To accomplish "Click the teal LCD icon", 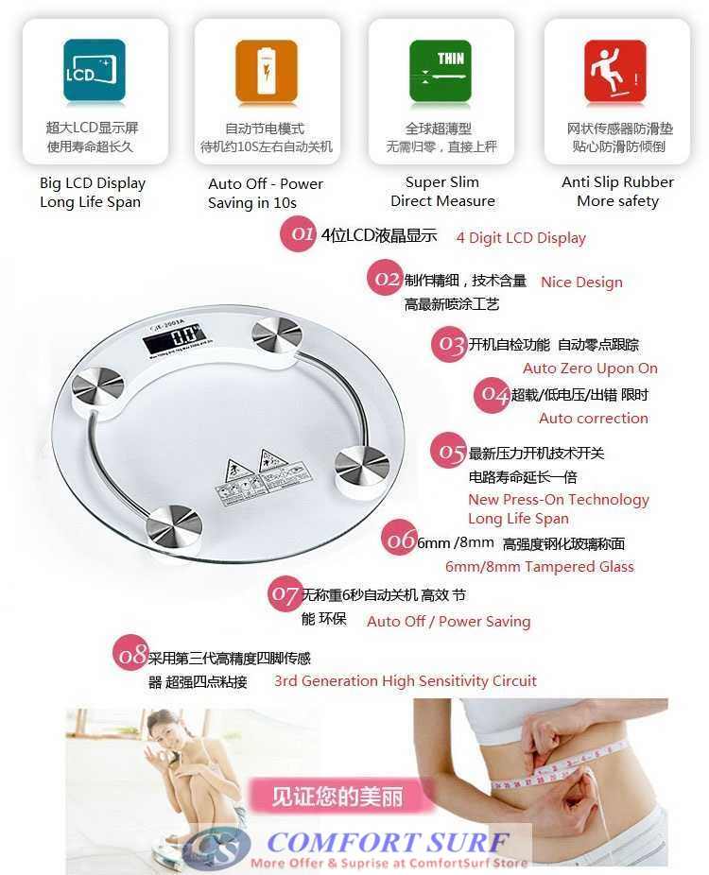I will [95, 71].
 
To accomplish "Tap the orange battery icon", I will [267, 71].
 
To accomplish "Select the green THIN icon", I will [440, 71].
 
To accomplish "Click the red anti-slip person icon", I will [614, 71].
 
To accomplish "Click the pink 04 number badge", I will [492, 394].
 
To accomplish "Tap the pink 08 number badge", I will [130, 655].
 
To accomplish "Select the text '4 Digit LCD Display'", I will [521, 238].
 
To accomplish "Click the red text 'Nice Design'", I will [581, 282].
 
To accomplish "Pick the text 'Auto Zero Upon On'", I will [590, 369].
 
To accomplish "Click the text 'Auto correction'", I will [594, 418].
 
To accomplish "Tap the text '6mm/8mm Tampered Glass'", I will [540, 567].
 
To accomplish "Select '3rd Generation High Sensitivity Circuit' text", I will [405, 680].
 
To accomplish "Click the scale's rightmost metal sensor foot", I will [362, 462].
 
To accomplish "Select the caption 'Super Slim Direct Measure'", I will [442, 192].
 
